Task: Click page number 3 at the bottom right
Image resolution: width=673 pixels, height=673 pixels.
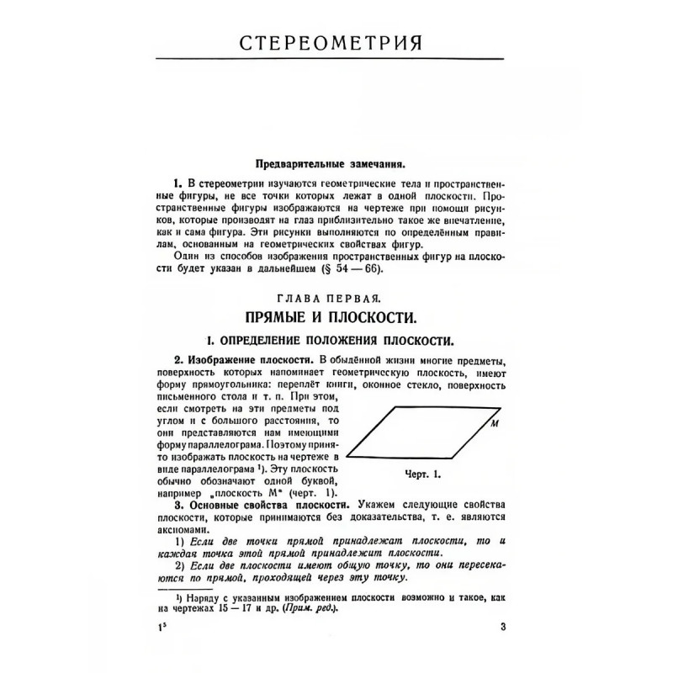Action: pyautogui.click(x=502, y=625)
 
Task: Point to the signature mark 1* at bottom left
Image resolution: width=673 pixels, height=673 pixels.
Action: pyautogui.click(x=162, y=626)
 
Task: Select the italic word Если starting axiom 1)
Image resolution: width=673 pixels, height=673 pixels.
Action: pyautogui.click(x=203, y=543)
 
